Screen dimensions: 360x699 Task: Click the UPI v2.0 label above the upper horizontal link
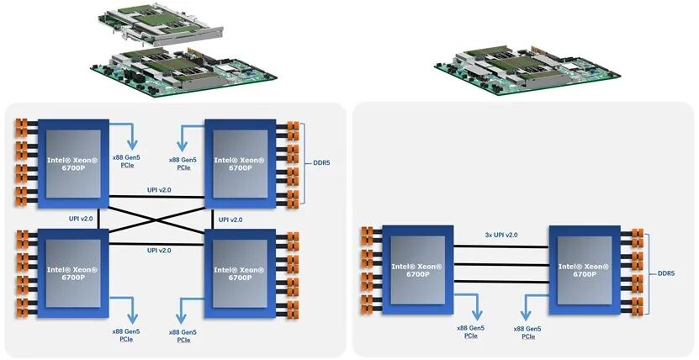click(158, 190)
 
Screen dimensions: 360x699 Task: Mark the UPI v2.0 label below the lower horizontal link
click(158, 251)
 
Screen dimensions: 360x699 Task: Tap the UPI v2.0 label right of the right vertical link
click(230, 220)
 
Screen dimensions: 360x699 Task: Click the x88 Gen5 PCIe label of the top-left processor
click(127, 162)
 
